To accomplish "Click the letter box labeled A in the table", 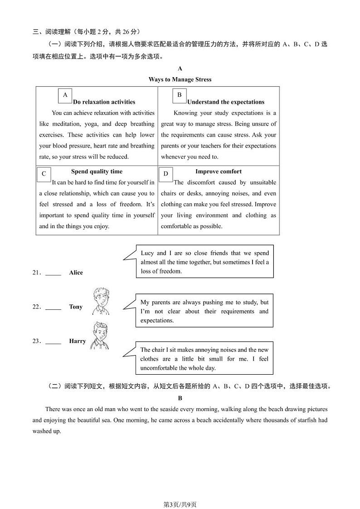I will (65, 95).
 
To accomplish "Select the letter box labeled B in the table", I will (180, 95).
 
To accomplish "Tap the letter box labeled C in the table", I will (44, 174).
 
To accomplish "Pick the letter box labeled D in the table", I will (166, 174).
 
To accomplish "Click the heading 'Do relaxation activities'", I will (104, 102).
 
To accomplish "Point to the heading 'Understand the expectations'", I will (225, 102).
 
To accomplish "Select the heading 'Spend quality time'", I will (97, 171).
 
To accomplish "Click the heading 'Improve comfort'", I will (218, 171).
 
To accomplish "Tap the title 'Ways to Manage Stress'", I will (180, 79).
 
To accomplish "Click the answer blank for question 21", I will (54, 273).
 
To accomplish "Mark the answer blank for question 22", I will (54, 308).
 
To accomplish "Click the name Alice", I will (76, 273).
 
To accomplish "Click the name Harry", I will (78, 341).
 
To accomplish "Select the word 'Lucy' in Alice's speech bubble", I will (147, 253).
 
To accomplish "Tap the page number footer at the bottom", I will (180, 492).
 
